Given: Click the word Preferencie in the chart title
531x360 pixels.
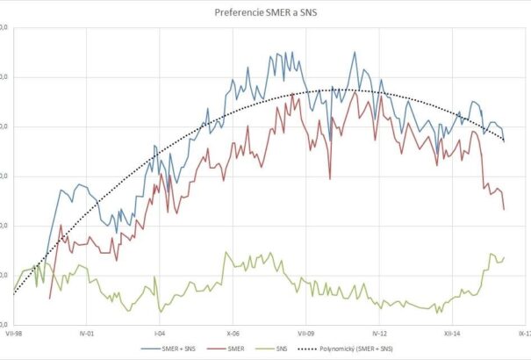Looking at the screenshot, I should [240, 13].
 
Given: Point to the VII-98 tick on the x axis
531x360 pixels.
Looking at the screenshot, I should [12, 334].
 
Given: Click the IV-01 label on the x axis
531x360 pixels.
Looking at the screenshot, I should [85, 334].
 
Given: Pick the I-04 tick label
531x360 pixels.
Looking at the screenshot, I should [158, 334].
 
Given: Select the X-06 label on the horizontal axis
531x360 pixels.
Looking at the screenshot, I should [232, 334].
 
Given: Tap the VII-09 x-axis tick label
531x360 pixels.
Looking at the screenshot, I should [305, 334].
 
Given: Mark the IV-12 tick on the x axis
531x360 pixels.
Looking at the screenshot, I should [377, 334].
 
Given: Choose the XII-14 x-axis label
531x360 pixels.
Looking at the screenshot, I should [451, 334].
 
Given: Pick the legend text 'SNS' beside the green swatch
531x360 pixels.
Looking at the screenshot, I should [281, 349].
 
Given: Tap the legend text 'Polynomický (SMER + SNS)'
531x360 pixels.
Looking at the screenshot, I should [355, 349].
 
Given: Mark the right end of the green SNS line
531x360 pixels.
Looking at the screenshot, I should [505, 256].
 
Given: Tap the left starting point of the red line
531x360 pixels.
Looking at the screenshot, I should [49, 299].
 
